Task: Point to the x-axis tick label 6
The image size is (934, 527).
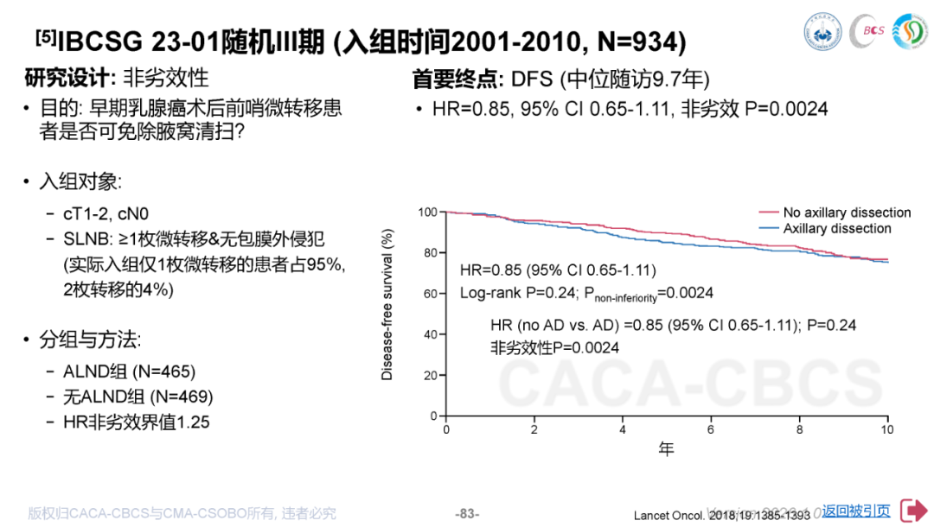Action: coord(711,429)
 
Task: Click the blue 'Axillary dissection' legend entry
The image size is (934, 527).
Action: coord(836,229)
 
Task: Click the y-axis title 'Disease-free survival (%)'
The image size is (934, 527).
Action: coord(387,305)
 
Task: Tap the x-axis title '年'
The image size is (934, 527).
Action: coord(666,448)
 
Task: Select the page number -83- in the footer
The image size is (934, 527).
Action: coord(467,513)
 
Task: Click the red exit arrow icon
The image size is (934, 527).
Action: coord(912,511)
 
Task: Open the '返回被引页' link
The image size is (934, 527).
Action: coord(855,511)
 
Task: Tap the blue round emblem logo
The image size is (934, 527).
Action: coord(823,31)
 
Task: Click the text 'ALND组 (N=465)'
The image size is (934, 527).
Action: coord(130,371)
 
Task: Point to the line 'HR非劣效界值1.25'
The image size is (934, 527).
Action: coord(137,422)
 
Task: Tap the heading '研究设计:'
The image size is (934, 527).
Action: coord(71,78)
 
